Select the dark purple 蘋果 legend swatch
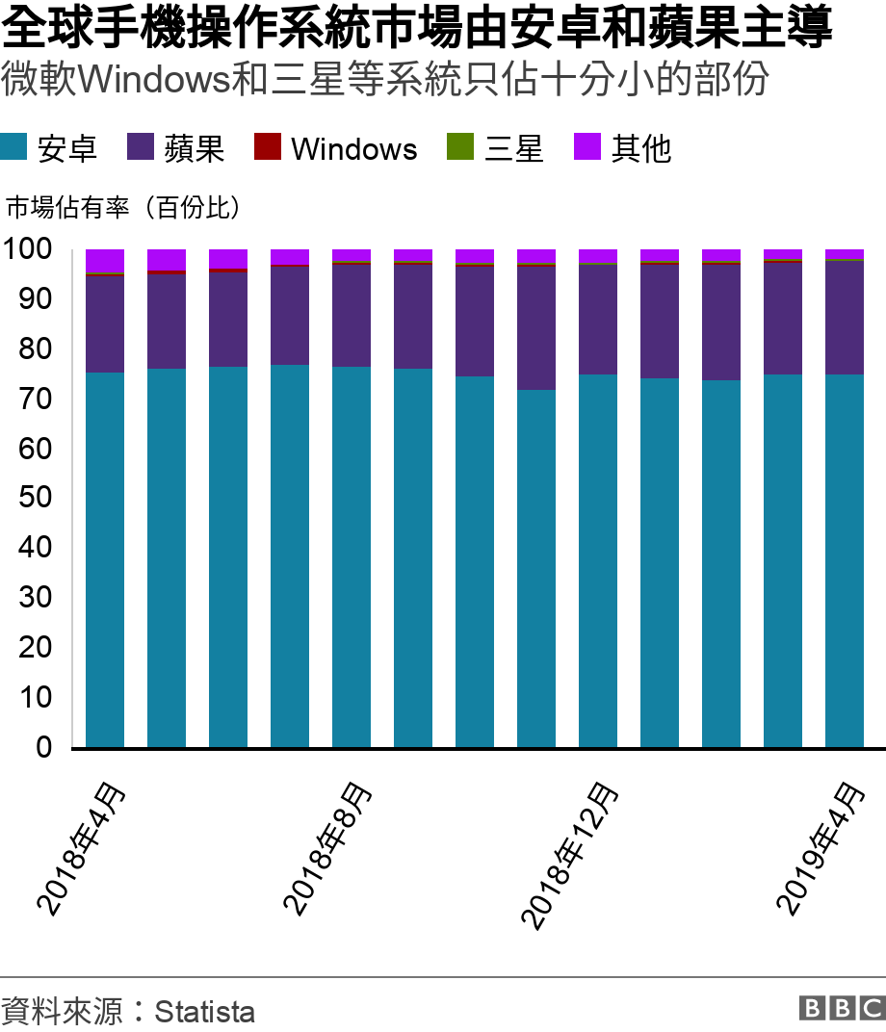[141, 147]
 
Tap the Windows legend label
[353, 148]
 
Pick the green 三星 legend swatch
[459, 147]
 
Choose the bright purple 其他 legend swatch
[586, 147]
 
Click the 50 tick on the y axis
[36, 498]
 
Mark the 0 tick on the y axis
[44, 747]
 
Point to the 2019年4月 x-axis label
[821, 847]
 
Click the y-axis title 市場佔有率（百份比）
[123, 207]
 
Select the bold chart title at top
[417, 29]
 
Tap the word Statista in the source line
[204, 1012]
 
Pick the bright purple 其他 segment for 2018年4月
[105, 261]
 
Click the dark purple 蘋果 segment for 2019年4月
[845, 318]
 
